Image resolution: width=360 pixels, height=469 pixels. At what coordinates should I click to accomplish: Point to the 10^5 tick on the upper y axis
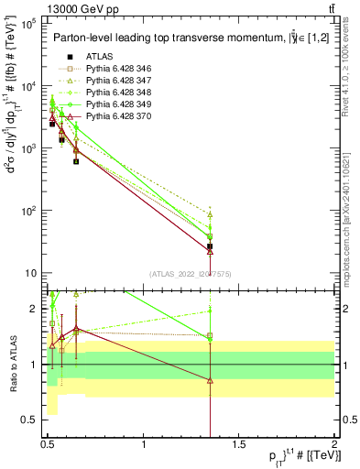pos(27,23)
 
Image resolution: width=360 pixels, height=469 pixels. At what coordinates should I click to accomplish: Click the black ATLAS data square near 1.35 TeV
pos(211,246)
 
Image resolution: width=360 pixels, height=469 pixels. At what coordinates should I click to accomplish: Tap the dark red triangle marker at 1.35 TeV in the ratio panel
pos(211,380)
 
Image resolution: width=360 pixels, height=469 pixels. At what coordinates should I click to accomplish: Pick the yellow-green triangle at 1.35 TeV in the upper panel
pos(211,215)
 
